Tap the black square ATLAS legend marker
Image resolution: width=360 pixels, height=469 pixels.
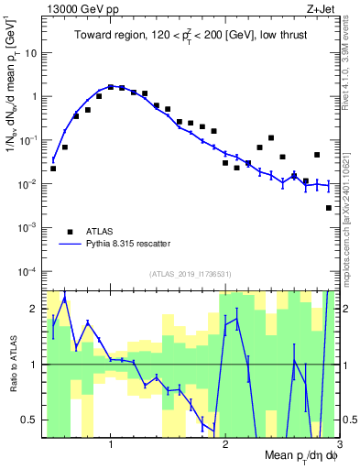[x=70, y=231]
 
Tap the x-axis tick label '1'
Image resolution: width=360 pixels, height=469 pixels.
[x=111, y=443]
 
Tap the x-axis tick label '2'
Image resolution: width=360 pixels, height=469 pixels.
[x=225, y=443]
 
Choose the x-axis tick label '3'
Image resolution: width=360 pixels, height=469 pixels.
[x=339, y=443]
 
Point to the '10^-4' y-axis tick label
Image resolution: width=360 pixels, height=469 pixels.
[x=29, y=272]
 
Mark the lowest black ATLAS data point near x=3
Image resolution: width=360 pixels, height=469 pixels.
[x=329, y=208]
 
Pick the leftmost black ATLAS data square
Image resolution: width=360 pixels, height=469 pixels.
[x=53, y=169]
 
